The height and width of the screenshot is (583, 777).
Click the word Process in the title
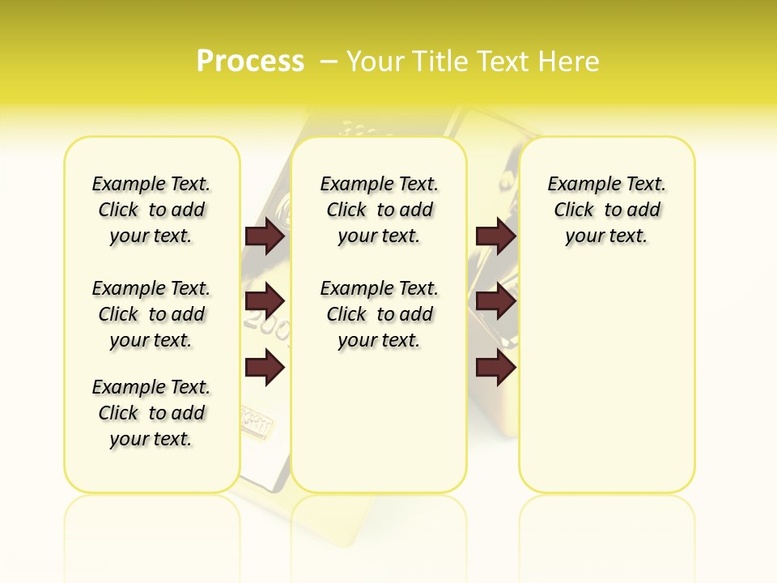250,62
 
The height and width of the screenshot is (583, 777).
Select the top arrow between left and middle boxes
265,236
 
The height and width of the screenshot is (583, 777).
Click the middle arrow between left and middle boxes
265,301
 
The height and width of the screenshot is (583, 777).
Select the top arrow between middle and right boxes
495,236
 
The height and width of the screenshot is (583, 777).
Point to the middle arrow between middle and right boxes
495,301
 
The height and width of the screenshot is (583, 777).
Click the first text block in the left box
151,210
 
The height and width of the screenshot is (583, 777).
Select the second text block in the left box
151,314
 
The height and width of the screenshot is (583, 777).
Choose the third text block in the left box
151,413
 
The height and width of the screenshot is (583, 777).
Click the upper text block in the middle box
379,210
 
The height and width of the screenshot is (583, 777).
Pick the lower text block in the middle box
379,314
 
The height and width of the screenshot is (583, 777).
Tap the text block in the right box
606,210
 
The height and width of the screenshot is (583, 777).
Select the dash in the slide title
329,62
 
